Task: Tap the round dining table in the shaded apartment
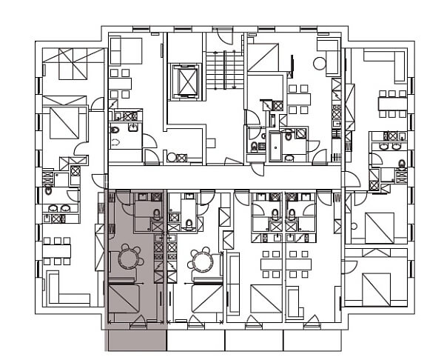pyautogui.click(x=129, y=259)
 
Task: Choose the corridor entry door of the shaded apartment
pyautogui.click(x=118, y=196)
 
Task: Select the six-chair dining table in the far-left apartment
pyautogui.click(x=56, y=250)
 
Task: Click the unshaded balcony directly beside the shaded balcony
pyautogui.click(x=195, y=339)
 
